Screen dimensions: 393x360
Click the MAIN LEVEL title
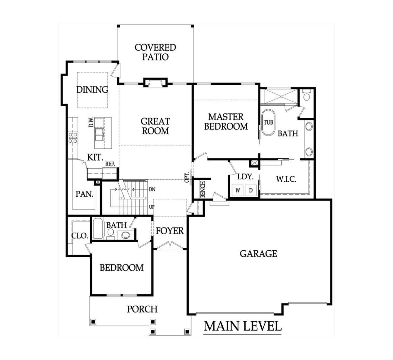pyautogui.click(x=243, y=326)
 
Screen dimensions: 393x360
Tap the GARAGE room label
pyautogui.click(x=258, y=254)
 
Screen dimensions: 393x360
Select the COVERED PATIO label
pyautogui.click(x=155, y=52)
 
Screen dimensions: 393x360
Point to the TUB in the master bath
pyautogui.click(x=268, y=122)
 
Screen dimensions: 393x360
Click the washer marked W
pyautogui.click(x=238, y=190)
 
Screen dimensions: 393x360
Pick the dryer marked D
pyautogui.click(x=251, y=190)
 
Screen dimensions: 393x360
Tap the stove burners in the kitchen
pyautogui.click(x=73, y=138)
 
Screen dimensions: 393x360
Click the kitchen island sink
pyautogui.click(x=99, y=135)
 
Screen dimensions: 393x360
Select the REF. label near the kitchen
pyautogui.click(x=110, y=164)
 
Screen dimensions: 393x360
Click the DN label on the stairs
pyautogui.click(x=152, y=189)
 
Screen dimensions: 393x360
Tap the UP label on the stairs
pyautogui.click(x=152, y=207)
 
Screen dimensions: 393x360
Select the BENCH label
pyautogui.click(x=203, y=189)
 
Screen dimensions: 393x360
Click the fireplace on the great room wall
pyautogui.click(x=156, y=82)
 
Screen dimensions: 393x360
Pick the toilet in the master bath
pyautogui.click(x=307, y=95)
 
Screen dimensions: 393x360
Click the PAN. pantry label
pyautogui.click(x=84, y=194)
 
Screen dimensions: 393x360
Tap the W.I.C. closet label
pyautogui.click(x=286, y=179)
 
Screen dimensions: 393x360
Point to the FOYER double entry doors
pyautogui.click(x=170, y=245)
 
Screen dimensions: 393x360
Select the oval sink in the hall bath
pyautogui.click(x=125, y=235)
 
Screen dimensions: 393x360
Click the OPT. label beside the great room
pyautogui.click(x=187, y=177)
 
